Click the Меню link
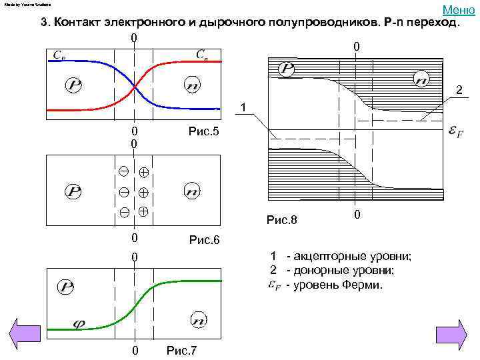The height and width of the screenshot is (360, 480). point(457,9)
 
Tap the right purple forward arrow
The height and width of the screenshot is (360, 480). point(451,332)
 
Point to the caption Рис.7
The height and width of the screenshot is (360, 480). point(181,351)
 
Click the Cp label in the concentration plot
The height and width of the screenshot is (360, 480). point(59,55)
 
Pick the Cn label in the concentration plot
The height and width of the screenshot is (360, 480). point(201,54)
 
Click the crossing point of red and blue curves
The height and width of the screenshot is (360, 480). point(135,86)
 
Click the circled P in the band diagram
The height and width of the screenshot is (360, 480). point(286,68)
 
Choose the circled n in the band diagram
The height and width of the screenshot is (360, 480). point(421,79)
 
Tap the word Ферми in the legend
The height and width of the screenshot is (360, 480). point(365,285)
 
